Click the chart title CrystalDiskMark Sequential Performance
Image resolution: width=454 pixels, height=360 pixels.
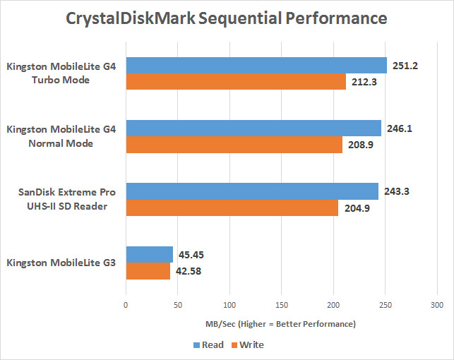coord(227,17)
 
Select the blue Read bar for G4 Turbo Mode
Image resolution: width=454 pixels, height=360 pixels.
coord(256,66)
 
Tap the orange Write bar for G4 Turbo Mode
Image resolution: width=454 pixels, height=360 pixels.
coord(236,82)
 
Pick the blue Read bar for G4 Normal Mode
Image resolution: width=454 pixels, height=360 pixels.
coord(253,128)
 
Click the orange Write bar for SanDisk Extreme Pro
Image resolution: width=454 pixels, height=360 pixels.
coord(232,208)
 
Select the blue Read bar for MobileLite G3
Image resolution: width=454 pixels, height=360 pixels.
coord(149,254)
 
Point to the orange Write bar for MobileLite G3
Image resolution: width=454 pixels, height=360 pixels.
coord(148,270)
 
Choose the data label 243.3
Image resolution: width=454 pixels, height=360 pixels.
coord(398,191)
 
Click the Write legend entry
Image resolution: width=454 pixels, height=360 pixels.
coord(246,345)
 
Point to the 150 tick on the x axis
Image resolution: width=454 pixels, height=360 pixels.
coord(281,306)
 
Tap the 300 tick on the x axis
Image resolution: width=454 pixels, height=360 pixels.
coord(436,306)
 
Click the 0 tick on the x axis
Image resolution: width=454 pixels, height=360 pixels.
coord(126,306)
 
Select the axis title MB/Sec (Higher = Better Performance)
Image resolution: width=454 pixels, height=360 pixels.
coord(281,324)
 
